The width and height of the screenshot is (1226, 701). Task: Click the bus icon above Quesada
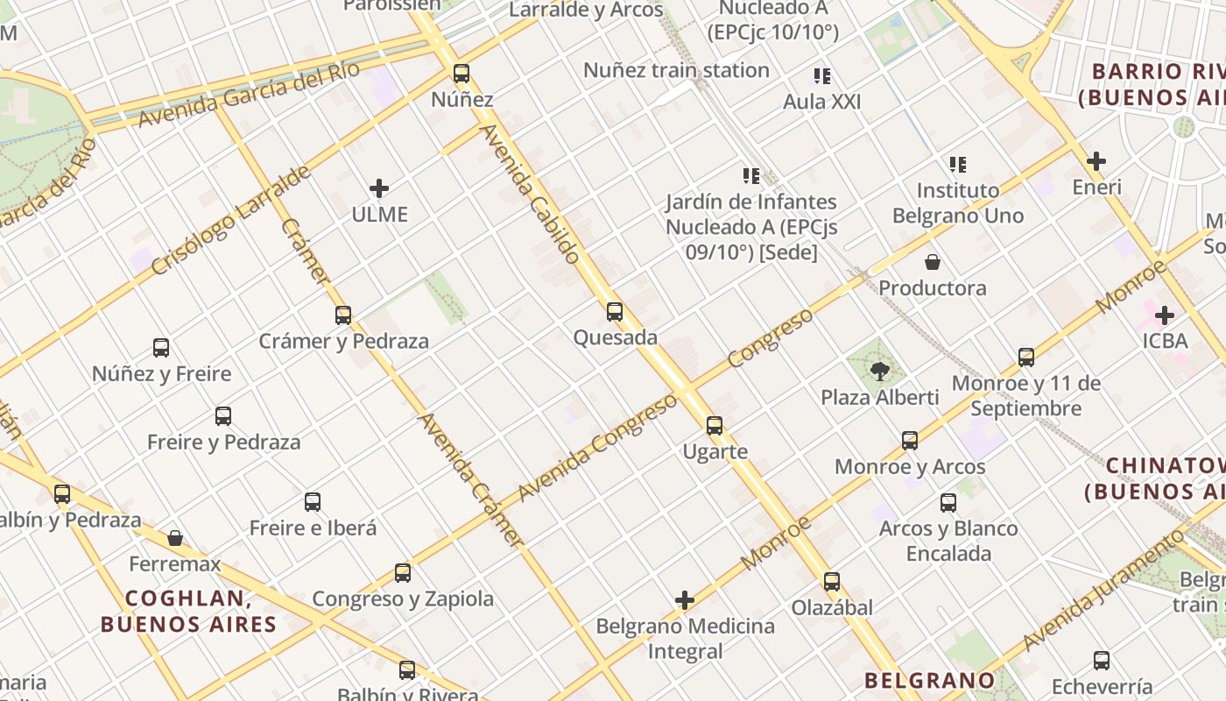point(615,311)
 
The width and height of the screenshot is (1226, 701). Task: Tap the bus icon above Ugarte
point(715,426)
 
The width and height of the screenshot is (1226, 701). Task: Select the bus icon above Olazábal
point(832,581)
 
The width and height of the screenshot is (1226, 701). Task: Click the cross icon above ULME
point(379,188)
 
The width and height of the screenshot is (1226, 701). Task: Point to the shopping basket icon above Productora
point(933,262)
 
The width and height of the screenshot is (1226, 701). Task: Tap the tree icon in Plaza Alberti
point(880,372)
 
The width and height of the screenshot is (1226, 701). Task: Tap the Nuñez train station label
point(676,70)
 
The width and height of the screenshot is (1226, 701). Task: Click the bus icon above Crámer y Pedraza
point(343,315)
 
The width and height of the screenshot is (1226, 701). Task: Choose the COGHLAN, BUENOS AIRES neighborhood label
point(188,612)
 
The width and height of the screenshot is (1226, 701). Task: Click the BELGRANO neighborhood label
point(930,680)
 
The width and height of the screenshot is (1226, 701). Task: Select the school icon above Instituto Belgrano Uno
point(957,164)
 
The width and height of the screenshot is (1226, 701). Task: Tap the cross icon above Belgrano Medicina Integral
point(685,600)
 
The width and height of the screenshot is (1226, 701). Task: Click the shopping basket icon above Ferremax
point(175,537)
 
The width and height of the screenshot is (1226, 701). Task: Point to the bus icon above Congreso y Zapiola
point(403,573)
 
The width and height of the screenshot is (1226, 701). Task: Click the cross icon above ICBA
point(1165,315)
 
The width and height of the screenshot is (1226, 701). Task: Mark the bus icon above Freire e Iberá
point(313,502)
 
